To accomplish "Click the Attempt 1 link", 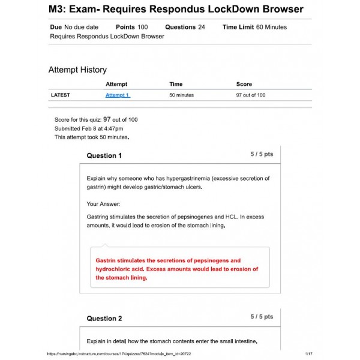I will point(118,95).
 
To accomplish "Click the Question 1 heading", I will point(104,155).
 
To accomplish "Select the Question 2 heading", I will point(104,318).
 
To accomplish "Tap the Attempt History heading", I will point(77,70).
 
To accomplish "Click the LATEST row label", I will point(61,95).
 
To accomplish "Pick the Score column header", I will point(244,84).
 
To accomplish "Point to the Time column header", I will point(176,84).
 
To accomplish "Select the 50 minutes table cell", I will point(182,95).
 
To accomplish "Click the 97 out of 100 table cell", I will point(251,95).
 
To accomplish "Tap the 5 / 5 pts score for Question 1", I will point(262,154).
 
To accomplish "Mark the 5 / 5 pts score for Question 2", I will point(262,316).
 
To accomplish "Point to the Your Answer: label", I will point(104,204).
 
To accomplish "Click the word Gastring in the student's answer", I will point(98,217).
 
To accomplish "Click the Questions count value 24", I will point(202,27).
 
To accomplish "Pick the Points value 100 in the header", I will point(143,27).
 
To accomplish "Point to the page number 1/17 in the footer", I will point(308,354).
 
